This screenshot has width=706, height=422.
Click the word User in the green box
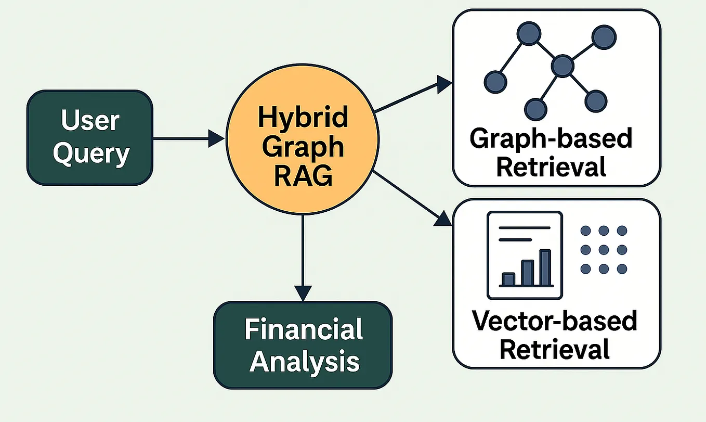(90, 120)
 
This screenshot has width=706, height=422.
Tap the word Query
(91, 154)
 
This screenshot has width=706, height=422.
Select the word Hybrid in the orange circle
(303, 118)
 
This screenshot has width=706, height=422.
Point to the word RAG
(303, 176)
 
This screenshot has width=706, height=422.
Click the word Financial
(304, 330)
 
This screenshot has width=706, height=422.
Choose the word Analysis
(304, 361)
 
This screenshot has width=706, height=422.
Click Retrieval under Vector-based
(554, 349)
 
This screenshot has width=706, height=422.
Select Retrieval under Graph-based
(551, 168)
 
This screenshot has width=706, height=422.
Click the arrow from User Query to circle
(187, 138)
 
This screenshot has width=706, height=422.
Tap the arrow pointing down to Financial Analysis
(302, 260)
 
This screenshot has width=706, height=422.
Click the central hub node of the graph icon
(562, 66)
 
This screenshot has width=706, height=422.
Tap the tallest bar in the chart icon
(544, 268)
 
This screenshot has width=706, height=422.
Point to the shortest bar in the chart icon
(508, 279)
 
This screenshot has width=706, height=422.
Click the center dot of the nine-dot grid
(603, 250)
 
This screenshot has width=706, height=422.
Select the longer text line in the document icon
(524, 227)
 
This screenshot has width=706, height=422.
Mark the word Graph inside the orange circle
(303, 147)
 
